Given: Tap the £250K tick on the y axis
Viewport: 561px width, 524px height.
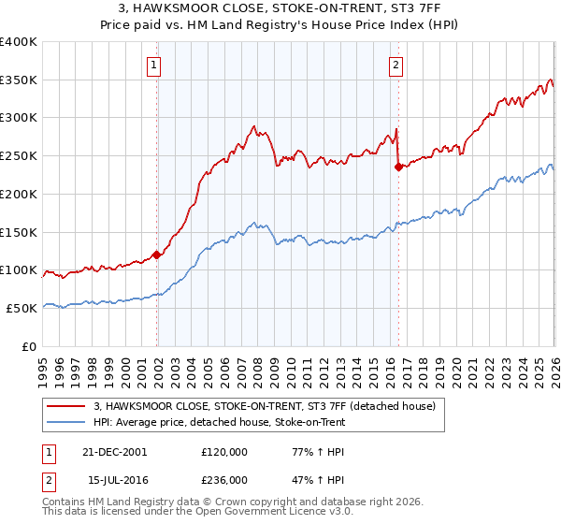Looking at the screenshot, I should click(19, 156).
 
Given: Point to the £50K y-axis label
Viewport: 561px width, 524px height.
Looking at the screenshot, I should click(22, 308).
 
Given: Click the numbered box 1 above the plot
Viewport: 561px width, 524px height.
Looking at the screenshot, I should click(153, 65).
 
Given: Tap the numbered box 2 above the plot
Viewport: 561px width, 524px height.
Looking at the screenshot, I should click(396, 65).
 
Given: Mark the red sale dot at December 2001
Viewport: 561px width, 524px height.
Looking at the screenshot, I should click(157, 255).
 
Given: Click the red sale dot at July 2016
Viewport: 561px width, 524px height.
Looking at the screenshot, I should click(399, 167).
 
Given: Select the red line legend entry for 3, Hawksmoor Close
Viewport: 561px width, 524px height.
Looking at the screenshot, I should click(265, 406).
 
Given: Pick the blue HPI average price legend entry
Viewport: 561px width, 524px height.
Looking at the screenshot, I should click(219, 423).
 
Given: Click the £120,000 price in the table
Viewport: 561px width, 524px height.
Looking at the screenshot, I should click(223, 450).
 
